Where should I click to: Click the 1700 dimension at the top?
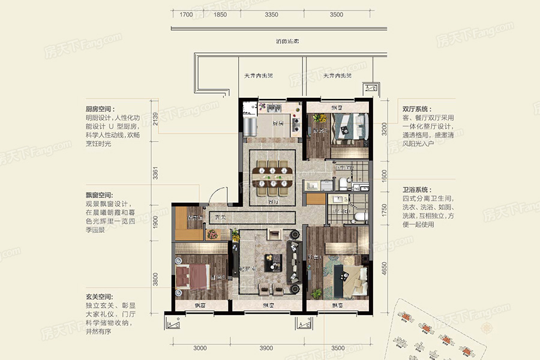point(186,14)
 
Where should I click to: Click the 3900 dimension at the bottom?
point(266,348)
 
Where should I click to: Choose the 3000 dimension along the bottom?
point(200,348)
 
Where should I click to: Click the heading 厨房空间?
point(99,109)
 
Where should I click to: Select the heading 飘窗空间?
point(99,195)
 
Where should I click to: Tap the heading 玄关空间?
point(99,297)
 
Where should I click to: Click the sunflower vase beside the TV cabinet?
point(213,235)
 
